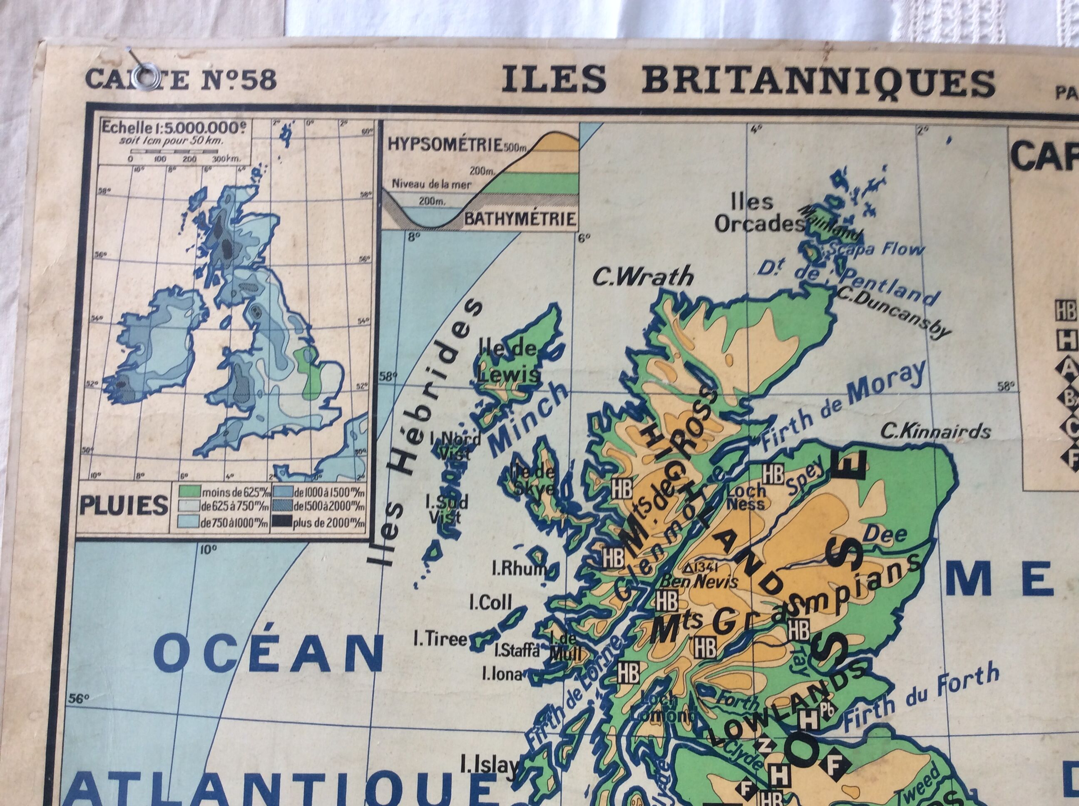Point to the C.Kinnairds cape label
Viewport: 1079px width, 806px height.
coord(935,431)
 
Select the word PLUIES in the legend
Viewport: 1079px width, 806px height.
coord(123,506)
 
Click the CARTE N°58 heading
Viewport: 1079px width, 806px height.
coord(181,80)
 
